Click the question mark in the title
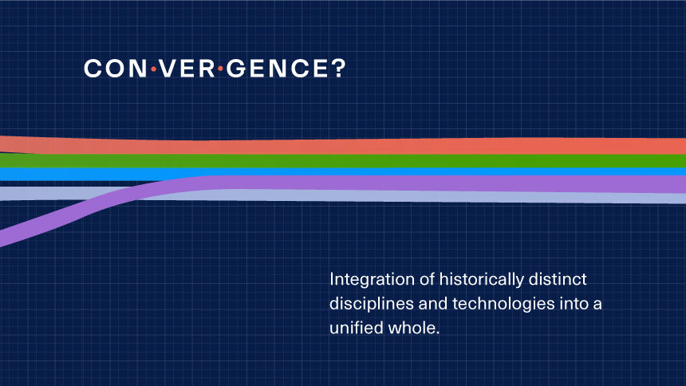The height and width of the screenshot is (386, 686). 337,69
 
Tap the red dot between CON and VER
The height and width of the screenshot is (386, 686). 154,69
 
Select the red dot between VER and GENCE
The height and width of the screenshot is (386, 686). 220,69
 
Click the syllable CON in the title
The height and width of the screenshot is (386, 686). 116,69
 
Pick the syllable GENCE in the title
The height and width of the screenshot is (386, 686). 277,69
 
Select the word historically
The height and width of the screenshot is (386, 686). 481,280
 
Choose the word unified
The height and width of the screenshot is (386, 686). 356,328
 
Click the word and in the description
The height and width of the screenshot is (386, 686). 432,304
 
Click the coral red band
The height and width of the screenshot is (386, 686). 343,146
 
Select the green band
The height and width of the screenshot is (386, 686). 343,160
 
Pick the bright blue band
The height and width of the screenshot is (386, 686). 343,172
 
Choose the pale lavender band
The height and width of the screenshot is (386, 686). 343,196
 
